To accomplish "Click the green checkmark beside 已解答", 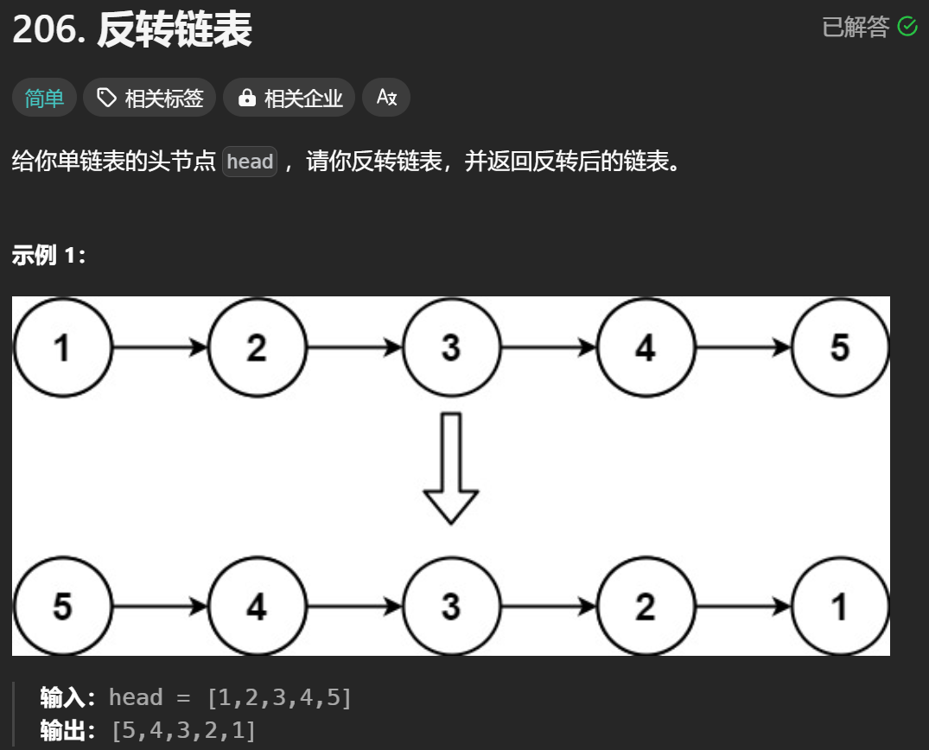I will tap(907, 27).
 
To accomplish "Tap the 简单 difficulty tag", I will tap(44, 99).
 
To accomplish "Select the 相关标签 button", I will tap(150, 99).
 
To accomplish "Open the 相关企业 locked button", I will tap(289, 99).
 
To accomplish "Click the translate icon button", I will tap(386, 98).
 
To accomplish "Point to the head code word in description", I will tap(250, 162).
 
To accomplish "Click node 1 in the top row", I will tap(62, 348).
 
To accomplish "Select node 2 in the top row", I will tap(257, 348).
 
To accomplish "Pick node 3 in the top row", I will tap(451, 348).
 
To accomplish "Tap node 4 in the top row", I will tap(646, 348).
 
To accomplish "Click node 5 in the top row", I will tap(840, 348).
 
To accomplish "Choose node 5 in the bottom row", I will tap(62, 607).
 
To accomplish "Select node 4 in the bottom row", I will tap(257, 607).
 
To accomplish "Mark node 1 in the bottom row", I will tap(840, 607).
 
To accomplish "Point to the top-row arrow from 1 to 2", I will tap(160, 348).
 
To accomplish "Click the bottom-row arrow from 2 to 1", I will tap(743, 607).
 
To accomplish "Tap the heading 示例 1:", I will tap(48, 256).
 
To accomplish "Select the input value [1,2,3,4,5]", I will tap(279, 697).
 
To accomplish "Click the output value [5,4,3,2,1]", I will tap(183, 730).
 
